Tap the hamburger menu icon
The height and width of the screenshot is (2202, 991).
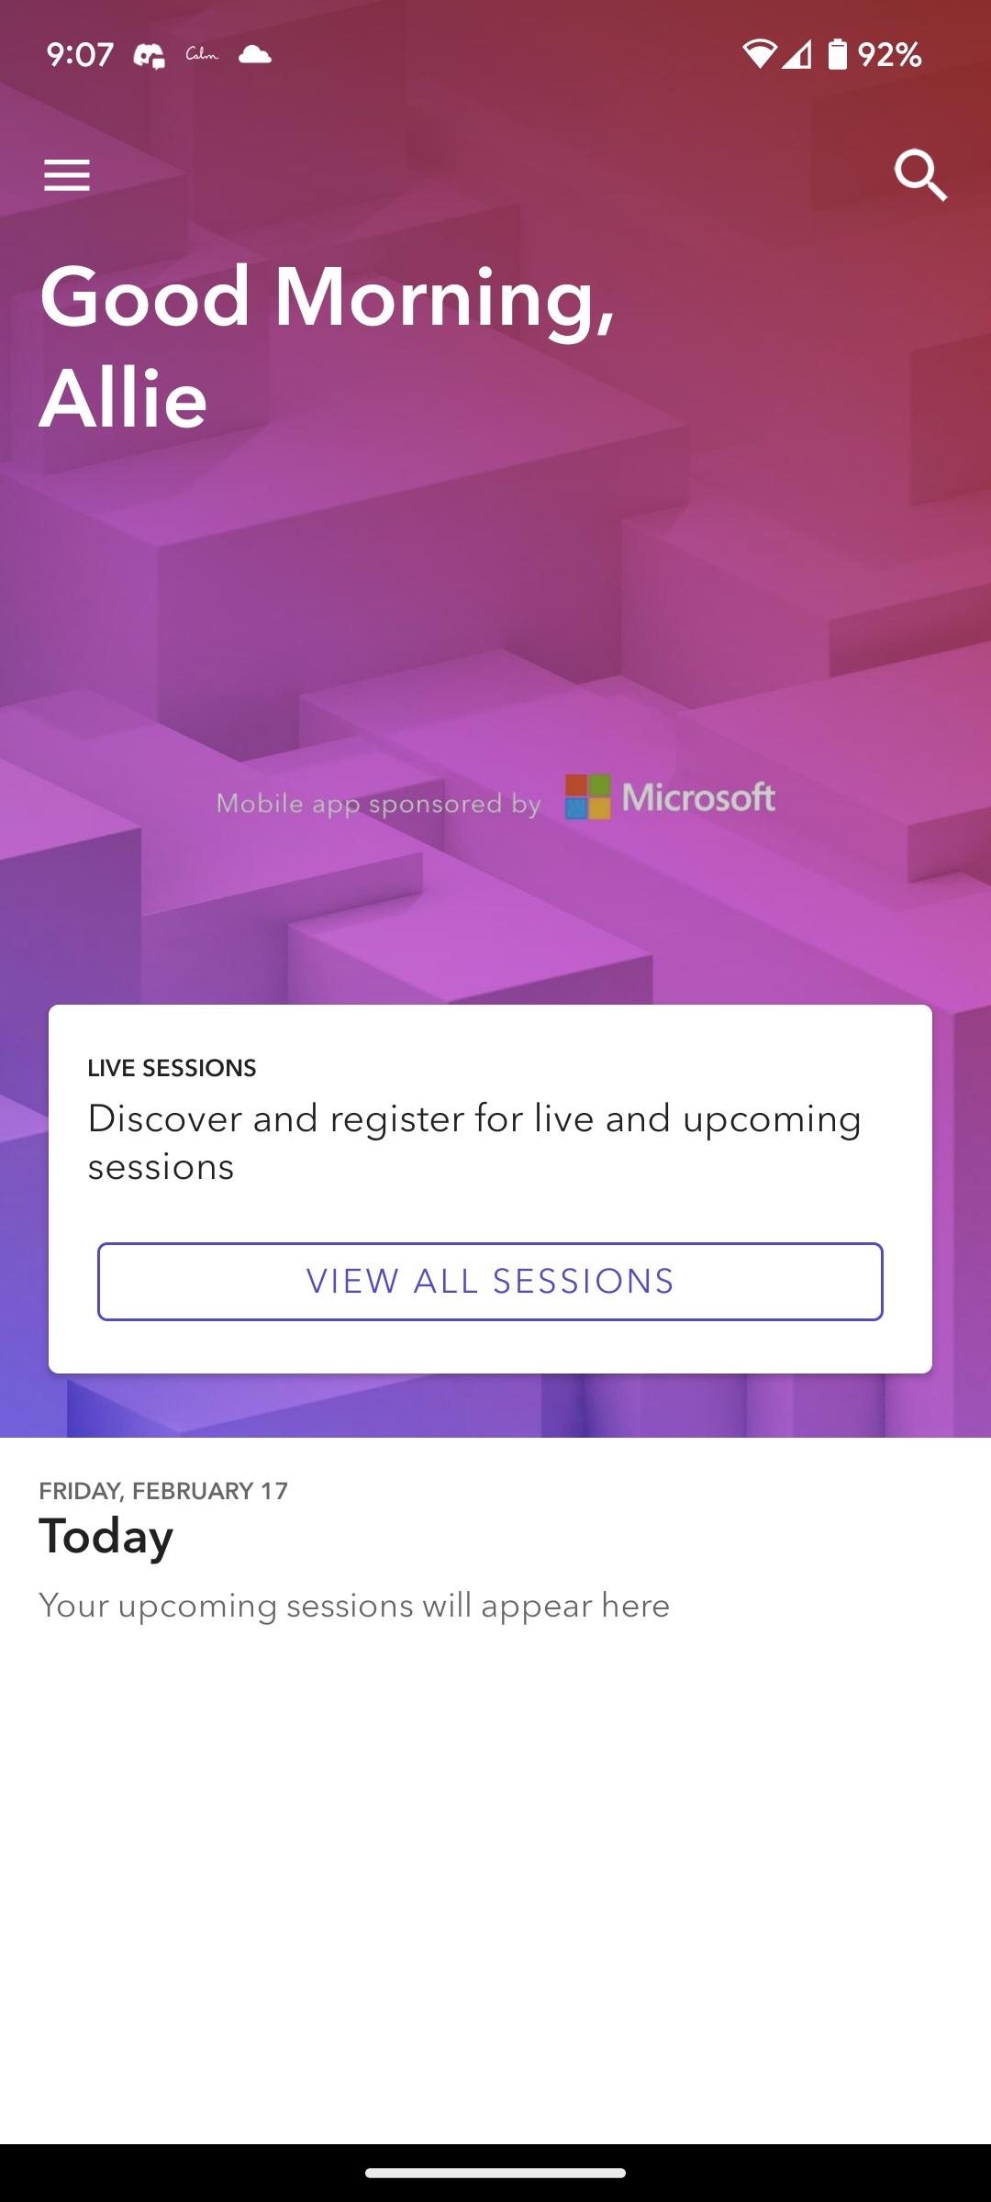click(x=67, y=174)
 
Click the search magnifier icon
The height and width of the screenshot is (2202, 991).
click(x=920, y=174)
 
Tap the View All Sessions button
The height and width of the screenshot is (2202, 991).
click(x=490, y=1281)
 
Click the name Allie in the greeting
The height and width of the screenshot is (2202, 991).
click(x=123, y=398)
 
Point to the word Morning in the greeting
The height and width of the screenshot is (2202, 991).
click(x=444, y=298)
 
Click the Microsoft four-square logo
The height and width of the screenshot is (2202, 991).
click(x=587, y=796)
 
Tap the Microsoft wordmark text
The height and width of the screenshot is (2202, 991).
click(x=698, y=797)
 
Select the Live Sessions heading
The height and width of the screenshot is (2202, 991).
click(x=172, y=1068)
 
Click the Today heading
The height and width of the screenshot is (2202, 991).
click(x=106, y=1536)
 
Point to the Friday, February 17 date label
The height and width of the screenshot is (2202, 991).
click(x=163, y=1491)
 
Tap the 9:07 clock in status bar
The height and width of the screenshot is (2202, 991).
click(x=80, y=55)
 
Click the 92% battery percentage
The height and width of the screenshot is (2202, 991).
click(x=889, y=55)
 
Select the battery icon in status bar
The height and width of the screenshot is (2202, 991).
click(x=837, y=54)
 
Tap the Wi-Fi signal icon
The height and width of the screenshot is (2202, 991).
click(x=759, y=54)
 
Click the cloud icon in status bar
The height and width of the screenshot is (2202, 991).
click(x=255, y=54)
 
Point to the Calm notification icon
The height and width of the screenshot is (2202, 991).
click(x=202, y=55)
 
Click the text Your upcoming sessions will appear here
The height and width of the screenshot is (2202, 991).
click(x=354, y=1606)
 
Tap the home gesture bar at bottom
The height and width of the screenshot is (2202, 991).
click(x=495, y=2173)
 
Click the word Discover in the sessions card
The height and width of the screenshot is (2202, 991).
click(x=163, y=1118)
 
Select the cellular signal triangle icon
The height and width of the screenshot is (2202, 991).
click(x=796, y=55)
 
